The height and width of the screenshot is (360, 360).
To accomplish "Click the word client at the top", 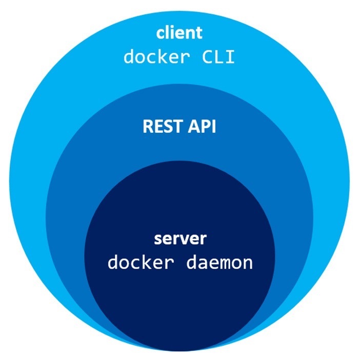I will [179, 33].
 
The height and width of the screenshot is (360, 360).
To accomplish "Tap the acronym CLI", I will [216, 56].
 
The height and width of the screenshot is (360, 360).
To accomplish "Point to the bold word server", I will [180, 239].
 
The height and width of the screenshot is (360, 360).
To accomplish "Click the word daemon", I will [222, 263].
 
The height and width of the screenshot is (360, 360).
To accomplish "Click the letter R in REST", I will [148, 127].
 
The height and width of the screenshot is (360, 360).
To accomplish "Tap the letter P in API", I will [203, 127].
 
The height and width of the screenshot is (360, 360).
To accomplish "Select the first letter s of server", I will [158, 239].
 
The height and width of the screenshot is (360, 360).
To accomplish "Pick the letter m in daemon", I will [222, 263].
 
